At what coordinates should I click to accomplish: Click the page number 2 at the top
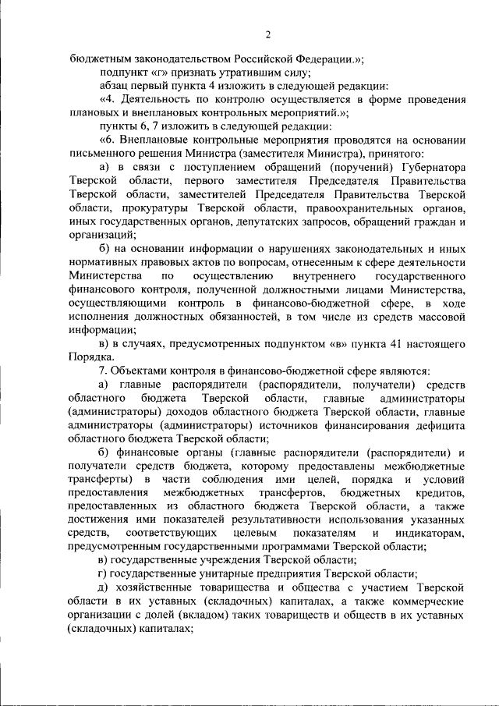(267, 34)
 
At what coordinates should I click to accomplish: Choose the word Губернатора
(433, 167)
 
